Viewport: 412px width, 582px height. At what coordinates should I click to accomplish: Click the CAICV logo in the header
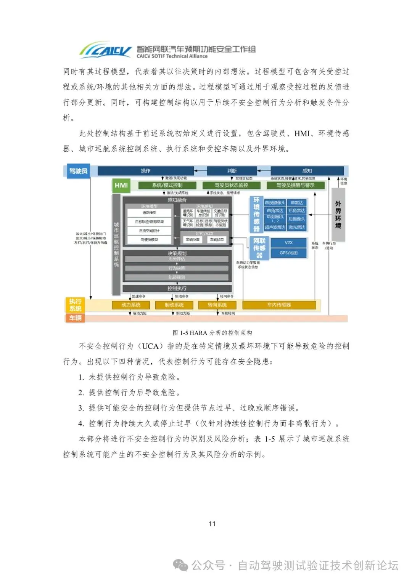(105, 50)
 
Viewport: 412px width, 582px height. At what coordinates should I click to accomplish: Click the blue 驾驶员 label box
(78, 171)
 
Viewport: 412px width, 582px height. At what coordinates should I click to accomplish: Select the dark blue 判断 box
(232, 171)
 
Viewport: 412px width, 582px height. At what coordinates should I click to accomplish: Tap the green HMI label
(121, 185)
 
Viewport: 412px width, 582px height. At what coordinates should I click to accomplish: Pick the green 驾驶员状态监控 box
(232, 185)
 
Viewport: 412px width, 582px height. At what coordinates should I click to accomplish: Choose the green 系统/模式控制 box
(167, 185)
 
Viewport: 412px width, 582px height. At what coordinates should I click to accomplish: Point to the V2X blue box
(289, 242)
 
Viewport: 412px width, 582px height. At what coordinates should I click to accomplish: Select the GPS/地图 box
(289, 253)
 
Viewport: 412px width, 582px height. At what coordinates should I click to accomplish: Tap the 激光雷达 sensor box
(297, 227)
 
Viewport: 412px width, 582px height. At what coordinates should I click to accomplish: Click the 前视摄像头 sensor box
(275, 203)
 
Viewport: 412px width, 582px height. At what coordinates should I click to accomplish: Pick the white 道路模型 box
(149, 213)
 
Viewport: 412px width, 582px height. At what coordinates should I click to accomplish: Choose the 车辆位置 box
(193, 240)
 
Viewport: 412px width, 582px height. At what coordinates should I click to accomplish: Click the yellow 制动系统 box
(174, 305)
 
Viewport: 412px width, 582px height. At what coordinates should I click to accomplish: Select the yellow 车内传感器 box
(279, 305)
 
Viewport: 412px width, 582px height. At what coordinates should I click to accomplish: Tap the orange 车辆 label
(75, 318)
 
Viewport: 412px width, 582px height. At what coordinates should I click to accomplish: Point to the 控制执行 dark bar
(177, 289)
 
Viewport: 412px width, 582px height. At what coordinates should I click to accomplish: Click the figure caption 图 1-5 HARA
(212, 333)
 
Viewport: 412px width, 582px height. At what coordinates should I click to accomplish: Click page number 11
(212, 524)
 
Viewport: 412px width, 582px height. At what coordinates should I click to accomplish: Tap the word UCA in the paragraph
(150, 346)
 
